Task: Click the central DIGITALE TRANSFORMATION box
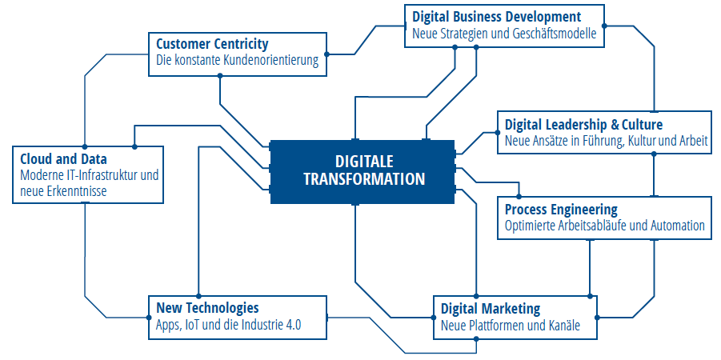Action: click(x=363, y=171)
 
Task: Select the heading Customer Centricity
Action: click(x=212, y=45)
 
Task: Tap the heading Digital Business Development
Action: click(x=497, y=18)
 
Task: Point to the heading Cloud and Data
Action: click(x=63, y=159)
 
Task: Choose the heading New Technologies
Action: click(x=207, y=307)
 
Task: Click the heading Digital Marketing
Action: click(x=491, y=308)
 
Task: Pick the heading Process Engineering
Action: click(x=561, y=210)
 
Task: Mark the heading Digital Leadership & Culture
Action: click(x=583, y=125)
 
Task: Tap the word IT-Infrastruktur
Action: click(x=100, y=175)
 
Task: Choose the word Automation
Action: click(x=678, y=226)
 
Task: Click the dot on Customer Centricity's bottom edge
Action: click(x=220, y=76)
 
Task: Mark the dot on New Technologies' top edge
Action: click(x=198, y=296)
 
